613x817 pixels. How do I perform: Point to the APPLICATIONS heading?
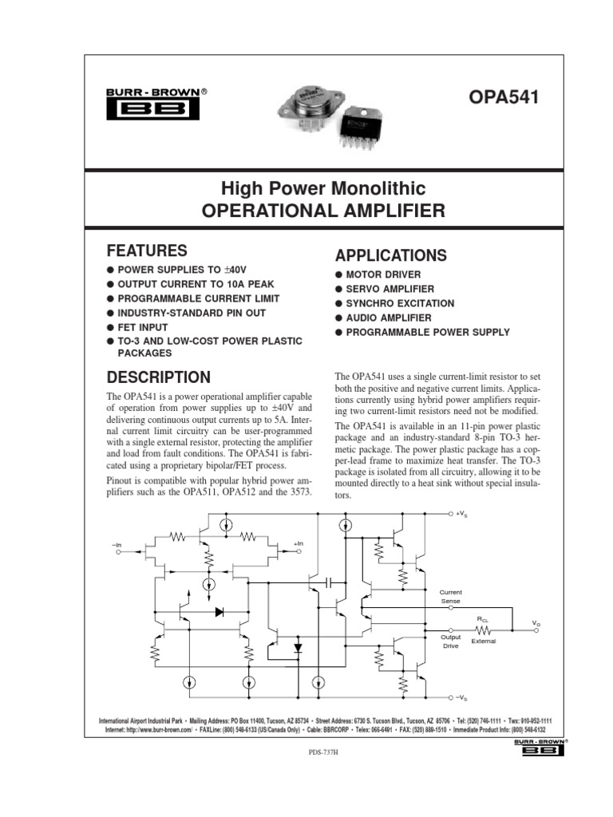[x=390, y=256]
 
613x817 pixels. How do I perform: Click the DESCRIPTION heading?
[x=158, y=377]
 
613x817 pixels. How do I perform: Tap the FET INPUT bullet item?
[x=143, y=327]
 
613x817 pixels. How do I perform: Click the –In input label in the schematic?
[x=118, y=544]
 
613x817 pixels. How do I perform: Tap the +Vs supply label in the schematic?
[x=462, y=515]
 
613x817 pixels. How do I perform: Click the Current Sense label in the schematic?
[x=451, y=596]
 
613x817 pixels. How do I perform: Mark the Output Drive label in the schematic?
[x=451, y=641]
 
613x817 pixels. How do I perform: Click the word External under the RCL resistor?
[x=484, y=641]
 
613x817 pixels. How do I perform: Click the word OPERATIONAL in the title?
[x=265, y=211]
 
